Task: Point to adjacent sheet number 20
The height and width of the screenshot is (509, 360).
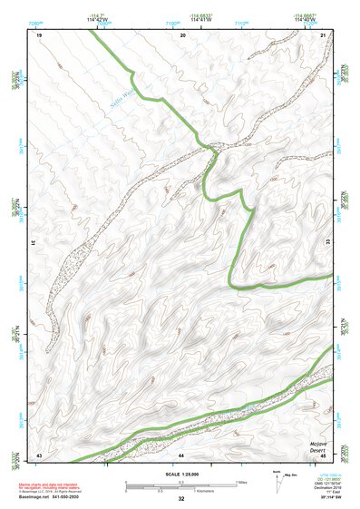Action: point(183,34)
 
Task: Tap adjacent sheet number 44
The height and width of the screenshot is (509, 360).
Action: point(181,454)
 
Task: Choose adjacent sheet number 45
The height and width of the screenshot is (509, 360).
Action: point(323,454)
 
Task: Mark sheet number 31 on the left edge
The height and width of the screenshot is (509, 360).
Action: point(34,243)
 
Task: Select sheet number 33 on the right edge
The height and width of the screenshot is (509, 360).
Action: point(327,243)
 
